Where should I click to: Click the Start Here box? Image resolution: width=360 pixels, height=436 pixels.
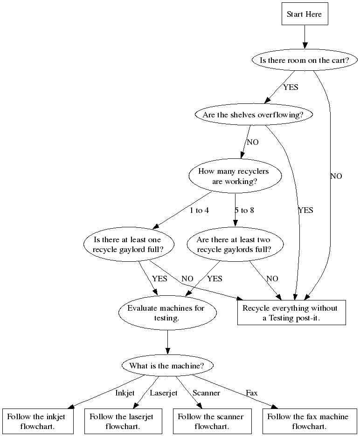pyautogui.click(x=304, y=14)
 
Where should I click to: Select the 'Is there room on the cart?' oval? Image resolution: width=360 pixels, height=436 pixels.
pyautogui.click(x=305, y=60)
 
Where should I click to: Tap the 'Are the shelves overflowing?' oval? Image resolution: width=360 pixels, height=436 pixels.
pyautogui.click(x=254, y=115)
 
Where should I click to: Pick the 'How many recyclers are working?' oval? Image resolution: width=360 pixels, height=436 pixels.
pyautogui.click(x=235, y=176)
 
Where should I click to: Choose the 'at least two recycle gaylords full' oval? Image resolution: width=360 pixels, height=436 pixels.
pyautogui.click(x=234, y=245)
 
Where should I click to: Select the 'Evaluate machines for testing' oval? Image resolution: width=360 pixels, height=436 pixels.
pyautogui.click(x=167, y=313)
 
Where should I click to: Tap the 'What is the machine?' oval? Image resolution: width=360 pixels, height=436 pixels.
pyautogui.click(x=167, y=366)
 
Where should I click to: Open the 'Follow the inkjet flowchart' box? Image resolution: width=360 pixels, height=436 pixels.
pyautogui.click(x=36, y=421)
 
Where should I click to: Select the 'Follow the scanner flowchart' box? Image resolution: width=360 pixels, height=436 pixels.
pyautogui.click(x=211, y=421)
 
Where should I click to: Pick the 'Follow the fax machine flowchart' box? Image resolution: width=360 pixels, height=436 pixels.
pyautogui.click(x=308, y=421)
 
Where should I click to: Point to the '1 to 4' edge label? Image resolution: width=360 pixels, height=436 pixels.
pyautogui.click(x=199, y=210)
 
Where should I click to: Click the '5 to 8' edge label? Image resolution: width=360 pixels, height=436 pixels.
pyautogui.click(x=244, y=210)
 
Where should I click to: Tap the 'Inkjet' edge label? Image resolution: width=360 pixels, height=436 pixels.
pyautogui.click(x=125, y=393)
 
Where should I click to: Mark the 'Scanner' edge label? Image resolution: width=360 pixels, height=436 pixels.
pyautogui.click(x=206, y=393)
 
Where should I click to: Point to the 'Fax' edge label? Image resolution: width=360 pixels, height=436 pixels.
pyautogui.click(x=252, y=393)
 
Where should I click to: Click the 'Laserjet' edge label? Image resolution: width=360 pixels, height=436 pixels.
pyautogui.click(x=163, y=393)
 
